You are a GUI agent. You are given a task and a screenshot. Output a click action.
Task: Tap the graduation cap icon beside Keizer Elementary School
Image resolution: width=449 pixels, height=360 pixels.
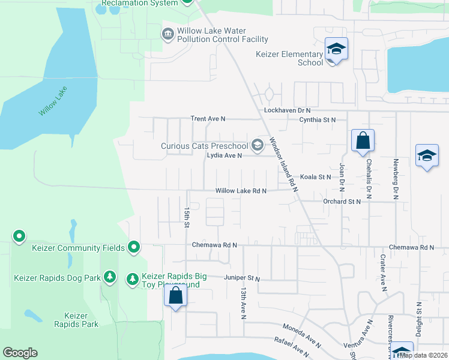336,50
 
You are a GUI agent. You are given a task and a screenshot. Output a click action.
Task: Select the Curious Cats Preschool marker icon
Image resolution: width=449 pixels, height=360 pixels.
258,145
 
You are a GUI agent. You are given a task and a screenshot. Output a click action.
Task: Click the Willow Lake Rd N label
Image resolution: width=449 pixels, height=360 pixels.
241,191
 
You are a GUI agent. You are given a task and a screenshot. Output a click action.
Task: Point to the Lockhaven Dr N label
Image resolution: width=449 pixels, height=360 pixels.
288,111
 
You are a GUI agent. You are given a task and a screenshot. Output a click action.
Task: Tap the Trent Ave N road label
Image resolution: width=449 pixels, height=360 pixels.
208,119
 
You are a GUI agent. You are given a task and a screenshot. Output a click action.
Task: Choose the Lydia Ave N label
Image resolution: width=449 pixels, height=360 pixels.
224,155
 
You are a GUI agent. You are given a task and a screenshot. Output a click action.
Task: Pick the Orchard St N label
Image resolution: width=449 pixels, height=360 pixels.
342,202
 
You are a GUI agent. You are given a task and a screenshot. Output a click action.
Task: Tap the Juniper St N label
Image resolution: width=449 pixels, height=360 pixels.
241,278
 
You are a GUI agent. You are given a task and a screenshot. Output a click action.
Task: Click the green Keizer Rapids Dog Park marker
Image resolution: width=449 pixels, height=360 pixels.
110,277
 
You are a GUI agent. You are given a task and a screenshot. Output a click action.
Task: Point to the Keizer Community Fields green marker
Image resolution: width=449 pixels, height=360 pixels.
134,247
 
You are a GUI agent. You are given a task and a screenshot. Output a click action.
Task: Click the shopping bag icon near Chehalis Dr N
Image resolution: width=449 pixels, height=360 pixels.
363,141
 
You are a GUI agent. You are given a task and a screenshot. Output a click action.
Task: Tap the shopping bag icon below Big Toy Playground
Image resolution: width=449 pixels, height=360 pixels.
175,296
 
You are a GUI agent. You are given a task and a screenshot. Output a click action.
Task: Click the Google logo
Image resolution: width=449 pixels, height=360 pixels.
20,353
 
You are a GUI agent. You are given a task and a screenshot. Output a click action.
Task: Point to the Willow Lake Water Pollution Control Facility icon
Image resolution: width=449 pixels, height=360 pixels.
167,33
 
